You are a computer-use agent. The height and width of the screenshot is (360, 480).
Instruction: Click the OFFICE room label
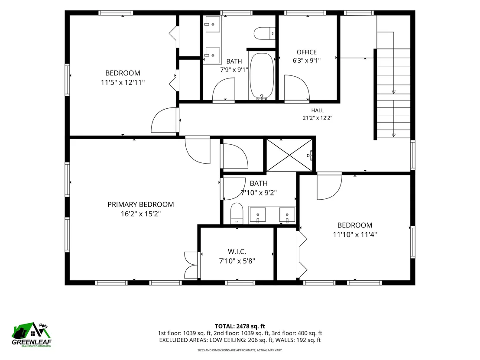pos(306,52)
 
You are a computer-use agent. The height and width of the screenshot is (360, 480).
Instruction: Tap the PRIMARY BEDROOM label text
pos(140,204)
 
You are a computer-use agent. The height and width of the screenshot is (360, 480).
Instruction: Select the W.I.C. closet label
pos(237,252)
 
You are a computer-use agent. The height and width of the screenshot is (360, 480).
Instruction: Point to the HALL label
pos(318,110)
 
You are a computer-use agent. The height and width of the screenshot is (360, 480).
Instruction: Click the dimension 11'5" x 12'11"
pos(123,82)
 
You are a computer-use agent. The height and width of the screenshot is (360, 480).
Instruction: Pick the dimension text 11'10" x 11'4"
pos(355,234)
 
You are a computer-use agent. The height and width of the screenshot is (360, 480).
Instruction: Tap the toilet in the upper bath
pos(265,33)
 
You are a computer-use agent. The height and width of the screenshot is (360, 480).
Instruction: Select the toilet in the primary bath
pos(237,213)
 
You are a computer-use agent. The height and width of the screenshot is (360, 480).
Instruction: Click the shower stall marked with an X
pos(290,155)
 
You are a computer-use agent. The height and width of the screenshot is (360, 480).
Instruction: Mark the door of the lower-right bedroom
pos(329,186)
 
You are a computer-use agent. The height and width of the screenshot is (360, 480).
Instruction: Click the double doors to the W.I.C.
pos(191,265)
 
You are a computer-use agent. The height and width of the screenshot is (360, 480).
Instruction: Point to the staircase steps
pos(393,94)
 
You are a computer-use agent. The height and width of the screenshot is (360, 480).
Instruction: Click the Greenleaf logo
pos(32,334)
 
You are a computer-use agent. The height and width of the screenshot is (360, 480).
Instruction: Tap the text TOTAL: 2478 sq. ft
pos(240,326)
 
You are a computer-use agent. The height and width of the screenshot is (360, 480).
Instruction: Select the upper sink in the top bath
pos(212,24)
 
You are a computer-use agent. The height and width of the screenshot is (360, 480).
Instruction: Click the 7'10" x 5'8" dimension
pos(237,261)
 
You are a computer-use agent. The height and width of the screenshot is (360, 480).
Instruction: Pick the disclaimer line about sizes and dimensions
pos(240,350)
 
